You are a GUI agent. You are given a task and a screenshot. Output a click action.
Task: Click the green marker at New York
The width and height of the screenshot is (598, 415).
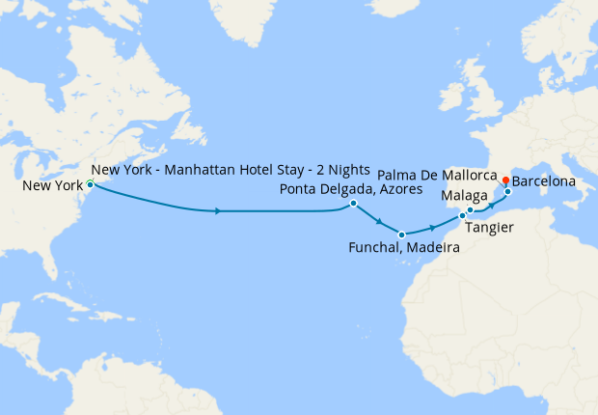pos(90,183)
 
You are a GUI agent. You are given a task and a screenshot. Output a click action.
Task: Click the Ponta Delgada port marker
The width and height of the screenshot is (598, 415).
pos(354,204)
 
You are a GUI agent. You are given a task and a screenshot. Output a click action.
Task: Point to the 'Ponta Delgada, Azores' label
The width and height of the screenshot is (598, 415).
pos(351,188)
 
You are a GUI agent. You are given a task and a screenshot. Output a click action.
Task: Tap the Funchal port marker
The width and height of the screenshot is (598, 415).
pos(401,235)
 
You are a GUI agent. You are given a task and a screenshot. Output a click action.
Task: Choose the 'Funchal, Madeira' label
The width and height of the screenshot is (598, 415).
pos(403,249)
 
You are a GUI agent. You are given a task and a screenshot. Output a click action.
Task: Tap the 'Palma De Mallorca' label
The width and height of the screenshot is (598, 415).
pos(438,176)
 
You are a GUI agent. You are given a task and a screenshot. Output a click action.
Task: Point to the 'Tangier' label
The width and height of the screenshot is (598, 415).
pos(488,228)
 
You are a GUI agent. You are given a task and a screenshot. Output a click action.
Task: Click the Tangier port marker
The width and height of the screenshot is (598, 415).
pos(462,216)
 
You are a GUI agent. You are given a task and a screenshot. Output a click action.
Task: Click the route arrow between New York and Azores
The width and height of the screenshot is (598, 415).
pos(221,210)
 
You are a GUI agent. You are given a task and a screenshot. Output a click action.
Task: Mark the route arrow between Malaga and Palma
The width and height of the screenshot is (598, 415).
pos(491,205)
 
